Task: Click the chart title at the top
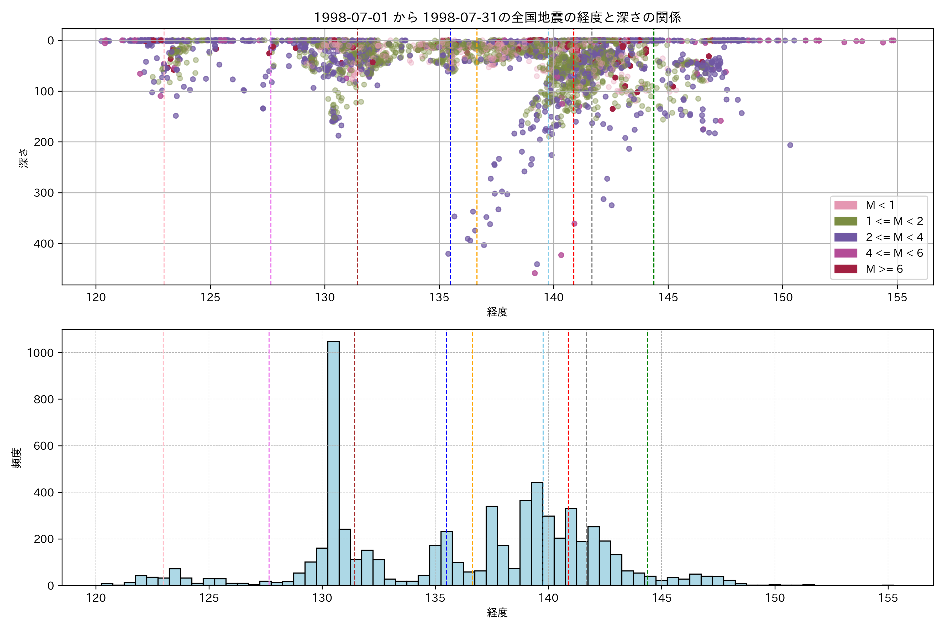(497, 17)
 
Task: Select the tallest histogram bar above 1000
(333, 462)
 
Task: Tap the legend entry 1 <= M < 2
(894, 221)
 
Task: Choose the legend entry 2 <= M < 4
(894, 237)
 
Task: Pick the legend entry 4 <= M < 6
(894, 253)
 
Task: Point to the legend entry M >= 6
(884, 269)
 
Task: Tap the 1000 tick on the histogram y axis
(40, 353)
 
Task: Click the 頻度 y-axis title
(17, 458)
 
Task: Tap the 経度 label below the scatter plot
(497, 312)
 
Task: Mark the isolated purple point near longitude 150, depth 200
(790, 145)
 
